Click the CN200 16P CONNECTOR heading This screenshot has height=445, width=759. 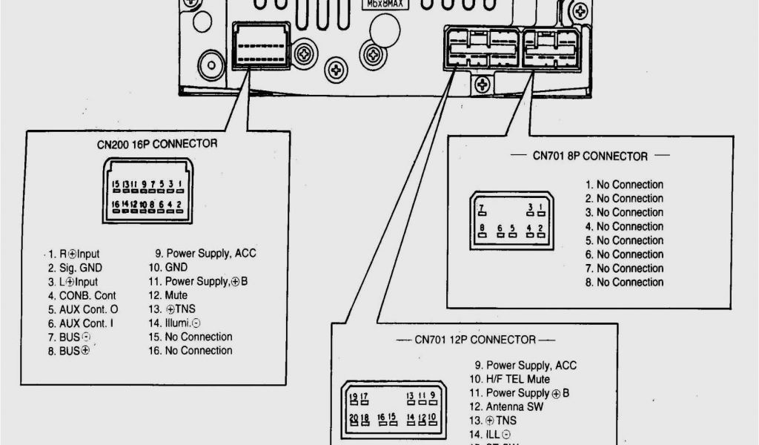coord(157,144)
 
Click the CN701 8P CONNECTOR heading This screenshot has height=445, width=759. coord(589,156)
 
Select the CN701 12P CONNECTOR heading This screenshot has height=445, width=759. coord(474,340)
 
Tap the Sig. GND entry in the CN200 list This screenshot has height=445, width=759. coord(76,268)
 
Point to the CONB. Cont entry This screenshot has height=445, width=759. coord(82,295)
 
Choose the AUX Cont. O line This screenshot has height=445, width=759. coord(83,309)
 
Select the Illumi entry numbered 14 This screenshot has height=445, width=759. coord(174,323)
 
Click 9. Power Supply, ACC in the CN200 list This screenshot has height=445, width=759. coord(202,254)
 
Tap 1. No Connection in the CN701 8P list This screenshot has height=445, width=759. coord(624,185)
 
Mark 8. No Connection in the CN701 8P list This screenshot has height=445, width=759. coord(624,282)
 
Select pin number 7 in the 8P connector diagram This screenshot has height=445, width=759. coord(482,207)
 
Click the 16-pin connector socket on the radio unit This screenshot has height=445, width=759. coord(261,46)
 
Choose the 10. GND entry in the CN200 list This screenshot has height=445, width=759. coord(168,268)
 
